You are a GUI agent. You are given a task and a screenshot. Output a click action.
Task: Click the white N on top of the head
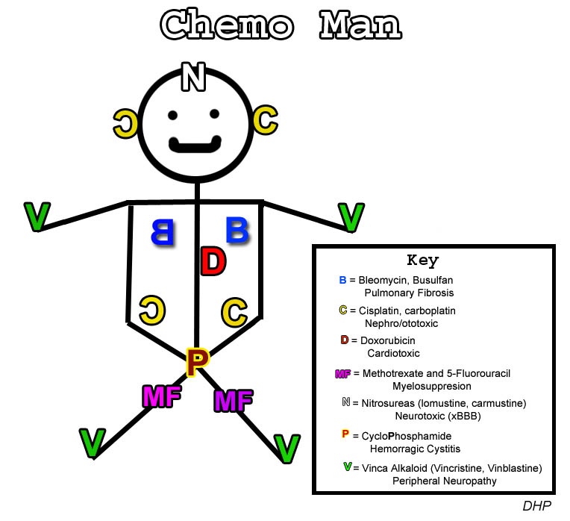coord(194,76)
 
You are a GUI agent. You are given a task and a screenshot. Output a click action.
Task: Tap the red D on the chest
coord(213,262)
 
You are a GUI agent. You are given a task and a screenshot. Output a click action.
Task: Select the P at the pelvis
coord(196,362)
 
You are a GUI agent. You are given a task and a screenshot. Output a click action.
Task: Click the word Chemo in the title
coord(228,26)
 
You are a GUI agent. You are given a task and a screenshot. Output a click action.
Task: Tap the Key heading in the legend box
coord(422,260)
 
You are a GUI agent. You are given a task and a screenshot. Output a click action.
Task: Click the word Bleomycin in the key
coord(383,280)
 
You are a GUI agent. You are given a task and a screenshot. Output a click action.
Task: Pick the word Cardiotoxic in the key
coord(393,353)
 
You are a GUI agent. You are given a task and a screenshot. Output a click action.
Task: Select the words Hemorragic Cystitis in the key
coord(415,449)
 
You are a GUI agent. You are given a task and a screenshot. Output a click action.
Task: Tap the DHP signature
coord(536,505)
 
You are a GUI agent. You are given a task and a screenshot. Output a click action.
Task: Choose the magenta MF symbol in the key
coord(343,373)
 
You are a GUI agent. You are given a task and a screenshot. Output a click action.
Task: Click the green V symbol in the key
coord(347,467)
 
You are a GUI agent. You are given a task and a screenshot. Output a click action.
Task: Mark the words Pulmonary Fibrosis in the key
coord(409,293)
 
